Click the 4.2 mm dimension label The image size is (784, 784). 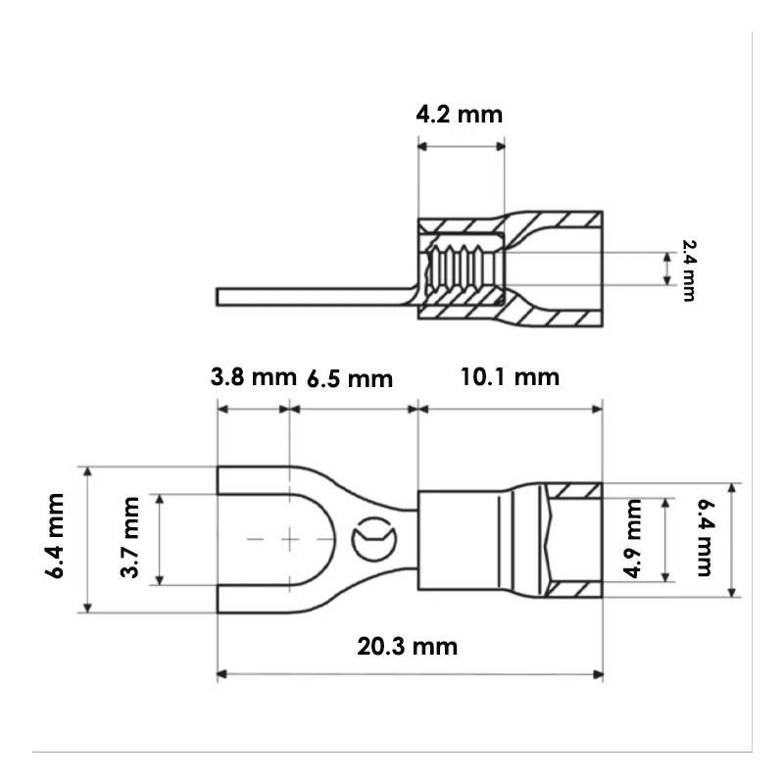point(459,115)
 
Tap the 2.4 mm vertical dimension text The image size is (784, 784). point(689,270)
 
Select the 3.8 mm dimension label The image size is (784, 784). point(254,377)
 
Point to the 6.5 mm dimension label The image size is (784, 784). point(350,378)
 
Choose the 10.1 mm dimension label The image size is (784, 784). point(510,377)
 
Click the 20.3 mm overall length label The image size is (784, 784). point(408,646)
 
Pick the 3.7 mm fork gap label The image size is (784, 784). point(130,537)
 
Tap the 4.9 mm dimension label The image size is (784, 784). point(632,538)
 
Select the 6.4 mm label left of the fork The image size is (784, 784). point(55,536)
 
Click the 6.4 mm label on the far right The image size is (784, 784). point(705,537)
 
